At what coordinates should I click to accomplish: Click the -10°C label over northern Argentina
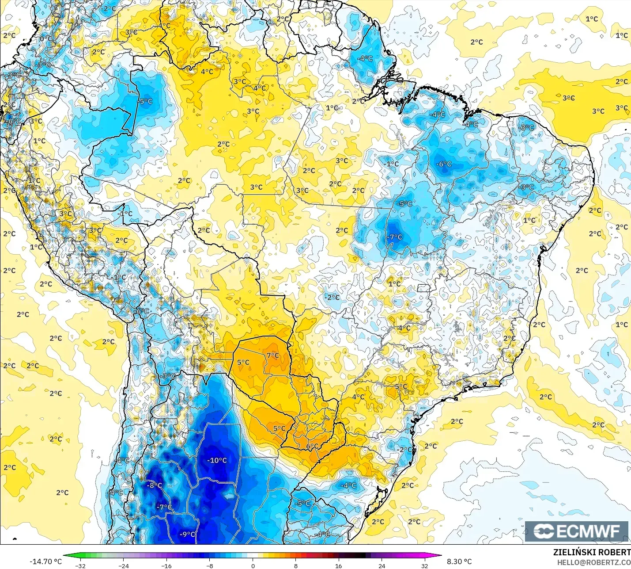(x=217, y=460)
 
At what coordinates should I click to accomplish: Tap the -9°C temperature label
(x=187, y=534)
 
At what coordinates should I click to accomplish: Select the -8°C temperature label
(x=155, y=485)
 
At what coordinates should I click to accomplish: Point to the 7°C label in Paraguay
(x=273, y=355)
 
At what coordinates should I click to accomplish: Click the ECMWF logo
(x=576, y=531)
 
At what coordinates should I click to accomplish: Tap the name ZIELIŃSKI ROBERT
(x=592, y=552)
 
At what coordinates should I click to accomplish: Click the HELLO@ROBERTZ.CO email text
(x=593, y=562)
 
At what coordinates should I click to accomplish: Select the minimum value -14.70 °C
(x=45, y=561)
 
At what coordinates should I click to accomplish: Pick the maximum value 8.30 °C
(x=459, y=561)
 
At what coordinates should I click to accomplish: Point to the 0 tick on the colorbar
(x=253, y=565)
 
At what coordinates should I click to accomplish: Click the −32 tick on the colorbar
(x=80, y=565)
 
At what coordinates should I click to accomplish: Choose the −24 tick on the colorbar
(x=124, y=565)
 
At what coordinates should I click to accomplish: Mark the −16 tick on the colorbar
(x=166, y=565)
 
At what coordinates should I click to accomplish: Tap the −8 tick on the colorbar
(x=210, y=565)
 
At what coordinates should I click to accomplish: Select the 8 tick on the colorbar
(x=295, y=565)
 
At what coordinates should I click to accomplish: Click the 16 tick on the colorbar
(x=338, y=565)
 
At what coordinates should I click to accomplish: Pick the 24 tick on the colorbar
(x=382, y=565)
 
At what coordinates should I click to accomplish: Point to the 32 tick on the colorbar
(x=424, y=565)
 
